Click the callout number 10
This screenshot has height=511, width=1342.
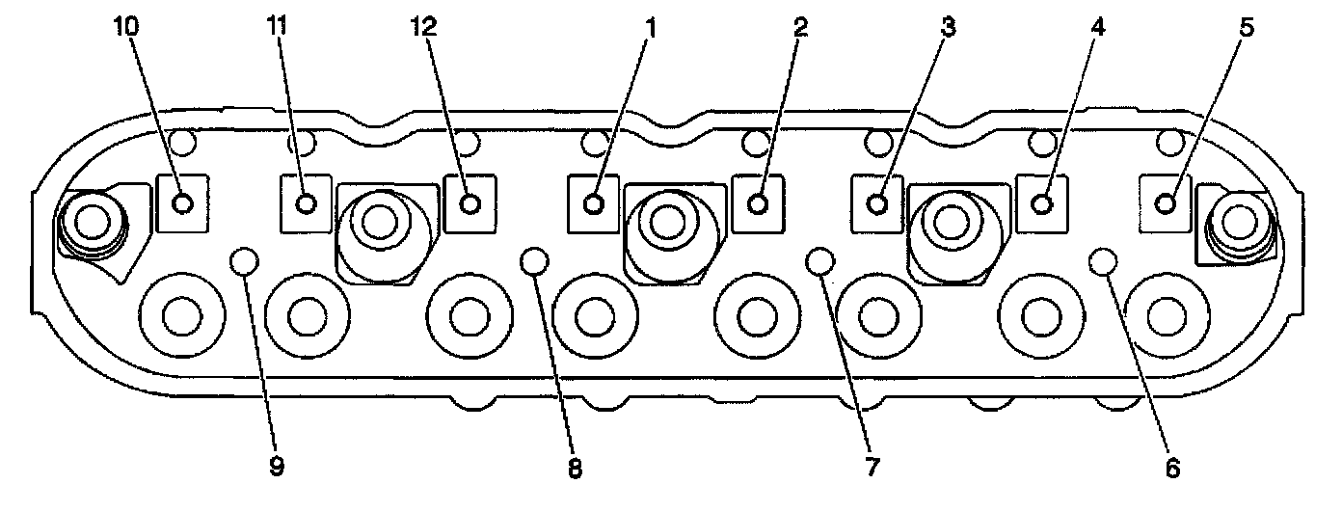126,27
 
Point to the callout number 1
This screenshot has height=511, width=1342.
650,27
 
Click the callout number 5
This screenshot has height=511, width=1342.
1247,27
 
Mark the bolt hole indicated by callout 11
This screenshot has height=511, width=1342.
307,203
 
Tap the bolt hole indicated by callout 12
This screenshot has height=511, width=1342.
470,203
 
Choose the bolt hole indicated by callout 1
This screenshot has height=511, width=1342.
595,203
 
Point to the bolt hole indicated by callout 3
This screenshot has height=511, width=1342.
877,203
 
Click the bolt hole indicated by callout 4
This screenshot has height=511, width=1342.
1041,203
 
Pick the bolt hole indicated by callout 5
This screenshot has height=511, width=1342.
1166,202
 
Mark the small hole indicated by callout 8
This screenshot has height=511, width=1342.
533,259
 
